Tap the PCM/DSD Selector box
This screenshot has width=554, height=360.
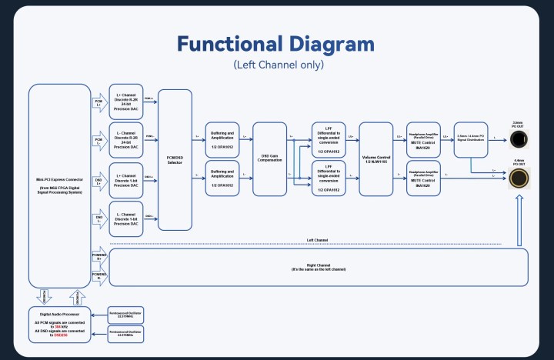pyautogui.click(x=175, y=159)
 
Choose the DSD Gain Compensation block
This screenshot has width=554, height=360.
pyautogui.click(x=275, y=159)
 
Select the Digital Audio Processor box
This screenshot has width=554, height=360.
pyautogui.click(x=59, y=324)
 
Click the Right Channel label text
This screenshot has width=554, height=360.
pyautogui.click(x=319, y=265)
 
